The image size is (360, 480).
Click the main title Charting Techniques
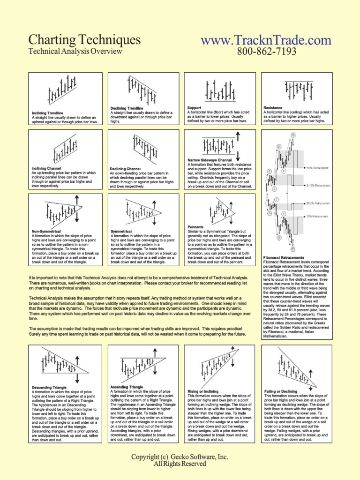[x=84, y=39]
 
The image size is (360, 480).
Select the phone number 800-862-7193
[x=266, y=52]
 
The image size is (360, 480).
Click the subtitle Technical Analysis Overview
[x=75, y=52]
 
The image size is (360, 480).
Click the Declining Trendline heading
[x=127, y=108]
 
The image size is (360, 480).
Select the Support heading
[x=194, y=108]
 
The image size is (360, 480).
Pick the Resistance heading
[x=273, y=108]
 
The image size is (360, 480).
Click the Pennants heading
[x=195, y=227]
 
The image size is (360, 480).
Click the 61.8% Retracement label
[x=318, y=185]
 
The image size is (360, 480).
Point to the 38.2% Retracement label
[x=318, y=204]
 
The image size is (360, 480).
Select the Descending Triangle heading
[x=49, y=388]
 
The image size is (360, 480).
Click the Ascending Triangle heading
[x=126, y=387]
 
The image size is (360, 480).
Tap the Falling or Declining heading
[x=281, y=391]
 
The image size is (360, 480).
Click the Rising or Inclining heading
[x=203, y=391]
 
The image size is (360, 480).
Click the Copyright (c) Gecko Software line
[x=180, y=457]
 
